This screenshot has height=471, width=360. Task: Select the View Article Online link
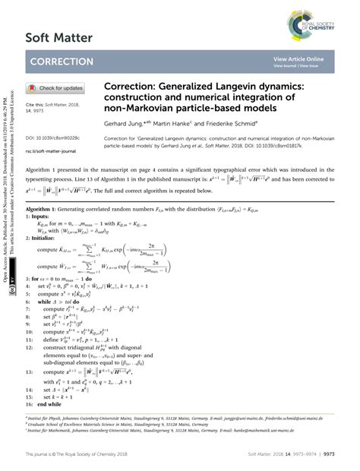pyautogui.click(x=298, y=58)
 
